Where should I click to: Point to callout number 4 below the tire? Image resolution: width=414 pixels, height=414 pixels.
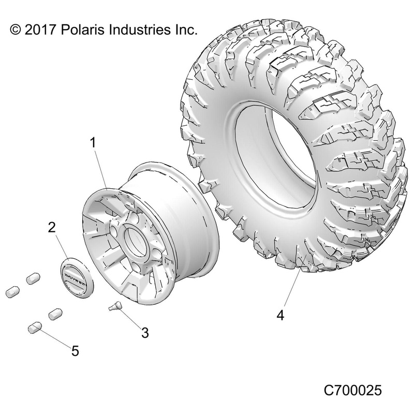click(x=280, y=315)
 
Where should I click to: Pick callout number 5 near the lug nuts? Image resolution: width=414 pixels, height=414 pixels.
click(x=75, y=351)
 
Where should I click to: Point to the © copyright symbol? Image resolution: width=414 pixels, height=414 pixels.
click(x=16, y=30)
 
